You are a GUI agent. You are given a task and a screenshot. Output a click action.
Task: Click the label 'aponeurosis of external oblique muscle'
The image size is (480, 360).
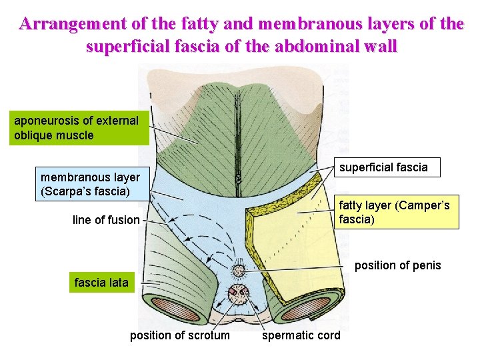coord(76,128)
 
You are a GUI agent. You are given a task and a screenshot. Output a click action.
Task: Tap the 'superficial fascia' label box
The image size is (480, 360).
coord(383,167)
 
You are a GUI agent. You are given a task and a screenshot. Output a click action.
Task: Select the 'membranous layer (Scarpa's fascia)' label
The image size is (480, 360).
coord(90,185)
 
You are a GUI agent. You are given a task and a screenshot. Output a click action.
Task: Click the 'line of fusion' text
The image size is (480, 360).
coord(106,220)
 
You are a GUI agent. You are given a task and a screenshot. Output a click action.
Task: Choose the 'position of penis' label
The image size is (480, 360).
coord(397,265)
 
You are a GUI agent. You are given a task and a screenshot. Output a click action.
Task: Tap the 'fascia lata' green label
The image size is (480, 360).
coord(101,283)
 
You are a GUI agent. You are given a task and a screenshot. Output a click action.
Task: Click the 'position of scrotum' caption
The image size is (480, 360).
coord(179,335)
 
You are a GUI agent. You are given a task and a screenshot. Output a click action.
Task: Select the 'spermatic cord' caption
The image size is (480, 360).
coord(301,335)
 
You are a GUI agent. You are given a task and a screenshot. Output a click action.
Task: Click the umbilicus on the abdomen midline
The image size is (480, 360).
coord(237,179)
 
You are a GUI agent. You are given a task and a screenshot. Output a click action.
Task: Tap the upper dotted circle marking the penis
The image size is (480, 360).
coord(238,271)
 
